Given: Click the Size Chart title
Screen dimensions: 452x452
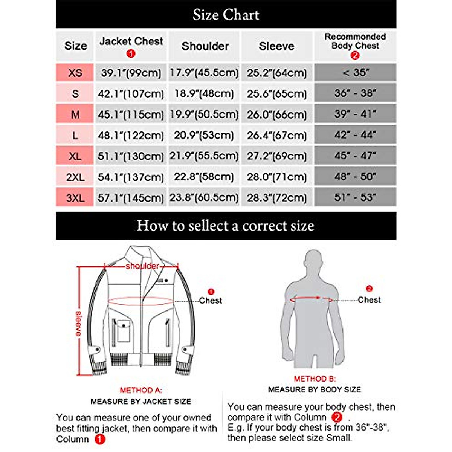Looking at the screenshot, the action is pyautogui.click(x=226, y=15).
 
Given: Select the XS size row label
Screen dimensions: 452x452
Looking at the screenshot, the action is pyautogui.click(x=75, y=73).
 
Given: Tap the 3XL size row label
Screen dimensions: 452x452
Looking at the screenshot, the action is pyautogui.click(x=75, y=198).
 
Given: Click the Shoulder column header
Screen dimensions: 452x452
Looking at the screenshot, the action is pyautogui.click(x=205, y=46).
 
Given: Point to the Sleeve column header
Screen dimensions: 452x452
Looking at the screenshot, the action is pyautogui.click(x=276, y=46).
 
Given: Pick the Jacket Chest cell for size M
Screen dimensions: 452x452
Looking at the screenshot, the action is pyautogui.click(x=131, y=115).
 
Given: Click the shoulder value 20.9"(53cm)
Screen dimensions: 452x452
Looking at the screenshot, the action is pyautogui.click(x=204, y=135).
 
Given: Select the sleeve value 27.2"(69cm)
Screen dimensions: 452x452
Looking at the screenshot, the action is pyautogui.click(x=277, y=156).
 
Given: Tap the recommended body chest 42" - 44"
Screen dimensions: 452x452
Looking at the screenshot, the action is pyautogui.click(x=355, y=135).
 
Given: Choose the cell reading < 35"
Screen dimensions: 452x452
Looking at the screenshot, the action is pyautogui.click(x=355, y=72).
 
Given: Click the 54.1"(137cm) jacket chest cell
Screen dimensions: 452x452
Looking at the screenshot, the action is pyautogui.click(x=131, y=177).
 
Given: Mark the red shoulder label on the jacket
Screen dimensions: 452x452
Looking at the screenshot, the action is pyautogui.click(x=142, y=266).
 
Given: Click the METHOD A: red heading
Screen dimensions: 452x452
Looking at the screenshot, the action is pyautogui.click(x=141, y=390).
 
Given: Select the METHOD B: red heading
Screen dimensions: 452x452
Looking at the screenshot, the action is pyautogui.click(x=315, y=379).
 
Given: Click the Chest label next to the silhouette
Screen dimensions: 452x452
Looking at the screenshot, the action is pyautogui.click(x=369, y=300).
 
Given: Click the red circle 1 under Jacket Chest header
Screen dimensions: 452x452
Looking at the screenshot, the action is pyautogui.click(x=131, y=54).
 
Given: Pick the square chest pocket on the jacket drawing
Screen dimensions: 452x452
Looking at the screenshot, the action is pyautogui.click(x=123, y=330).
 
